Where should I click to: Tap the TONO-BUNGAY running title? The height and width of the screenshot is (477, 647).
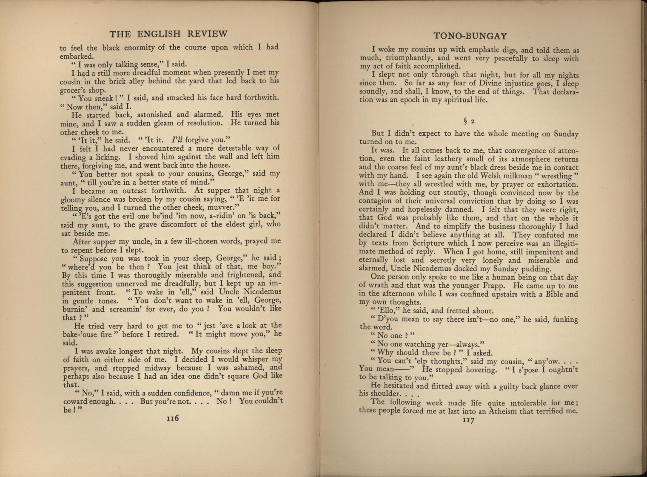pyautogui.click(x=470, y=36)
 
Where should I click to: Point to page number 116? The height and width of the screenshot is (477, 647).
pyautogui.click(x=172, y=418)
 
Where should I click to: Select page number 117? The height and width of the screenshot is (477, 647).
pyautogui.click(x=468, y=420)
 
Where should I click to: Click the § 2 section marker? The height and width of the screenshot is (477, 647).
pyautogui.click(x=469, y=121)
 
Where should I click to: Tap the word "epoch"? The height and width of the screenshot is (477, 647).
pyautogui.click(x=417, y=100)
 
